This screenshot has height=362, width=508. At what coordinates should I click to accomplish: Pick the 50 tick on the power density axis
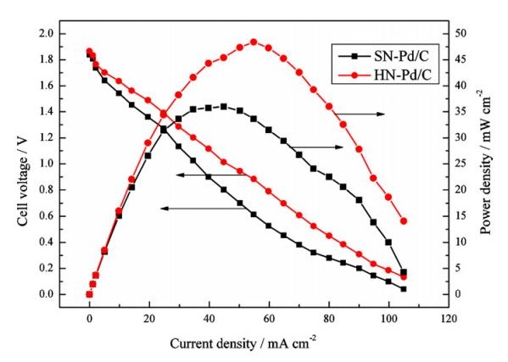click(455, 34)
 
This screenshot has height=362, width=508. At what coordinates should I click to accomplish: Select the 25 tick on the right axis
click(455, 164)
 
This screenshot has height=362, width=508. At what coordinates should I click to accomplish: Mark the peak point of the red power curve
click(254, 42)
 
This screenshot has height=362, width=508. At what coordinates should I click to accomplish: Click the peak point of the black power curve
click(224, 106)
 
